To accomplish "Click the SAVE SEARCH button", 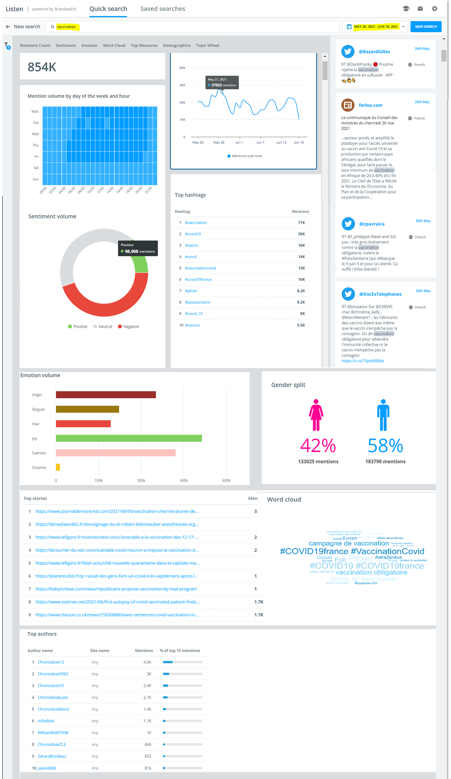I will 425,27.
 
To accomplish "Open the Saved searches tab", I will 163,9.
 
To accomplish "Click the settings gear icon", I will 434,9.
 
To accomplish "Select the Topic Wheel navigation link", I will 207,46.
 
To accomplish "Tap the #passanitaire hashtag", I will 197,302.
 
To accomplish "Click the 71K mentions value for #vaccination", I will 301,223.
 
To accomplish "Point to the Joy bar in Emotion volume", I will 129,438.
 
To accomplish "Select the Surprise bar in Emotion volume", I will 58,467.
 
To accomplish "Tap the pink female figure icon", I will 316,415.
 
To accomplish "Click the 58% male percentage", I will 385,445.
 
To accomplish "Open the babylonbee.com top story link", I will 116,589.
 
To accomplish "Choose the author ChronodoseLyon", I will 53,697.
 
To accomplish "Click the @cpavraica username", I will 371,224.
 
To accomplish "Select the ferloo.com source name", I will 370,105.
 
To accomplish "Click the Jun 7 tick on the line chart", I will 260,142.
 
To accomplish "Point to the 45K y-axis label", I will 182,85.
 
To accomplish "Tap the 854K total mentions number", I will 42,67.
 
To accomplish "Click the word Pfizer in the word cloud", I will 361,559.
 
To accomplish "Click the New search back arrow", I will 8,27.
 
